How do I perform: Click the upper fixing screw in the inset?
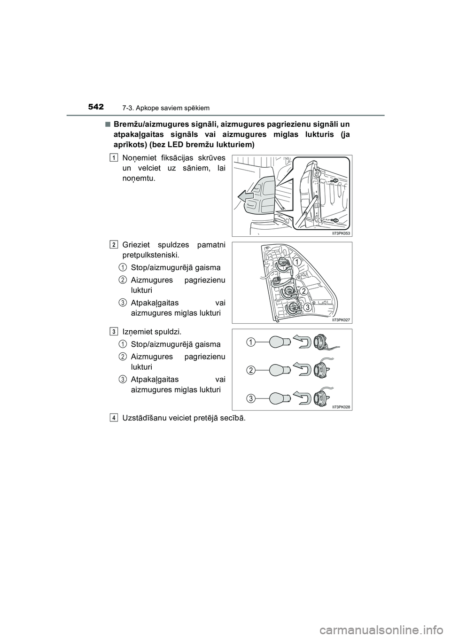[334, 180]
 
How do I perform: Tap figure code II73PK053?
[341, 233]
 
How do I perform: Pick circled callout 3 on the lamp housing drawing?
[306, 307]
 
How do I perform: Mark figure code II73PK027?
[341, 319]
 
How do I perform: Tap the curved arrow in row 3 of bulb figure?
[300, 397]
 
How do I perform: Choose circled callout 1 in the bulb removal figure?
[252, 342]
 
